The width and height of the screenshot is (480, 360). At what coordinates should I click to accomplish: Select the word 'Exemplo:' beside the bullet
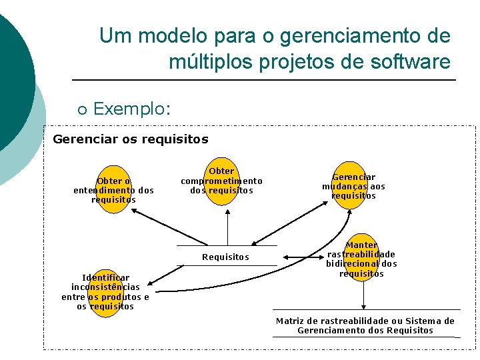[132, 108]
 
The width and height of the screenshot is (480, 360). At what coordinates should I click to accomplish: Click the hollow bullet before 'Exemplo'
[82, 109]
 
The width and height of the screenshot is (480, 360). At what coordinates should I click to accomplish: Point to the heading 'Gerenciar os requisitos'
[130, 139]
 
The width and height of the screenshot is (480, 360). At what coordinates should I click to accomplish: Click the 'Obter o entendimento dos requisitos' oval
[113, 189]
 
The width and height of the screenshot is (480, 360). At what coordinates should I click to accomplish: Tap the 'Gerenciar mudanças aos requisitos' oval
[353, 186]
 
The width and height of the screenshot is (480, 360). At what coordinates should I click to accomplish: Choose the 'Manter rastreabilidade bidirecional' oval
[361, 259]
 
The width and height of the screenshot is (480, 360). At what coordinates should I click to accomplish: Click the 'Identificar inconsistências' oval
[105, 292]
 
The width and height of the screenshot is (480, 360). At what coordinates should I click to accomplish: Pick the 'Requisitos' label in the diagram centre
[225, 257]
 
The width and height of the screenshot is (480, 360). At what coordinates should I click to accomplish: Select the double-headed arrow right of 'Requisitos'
[299, 257]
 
